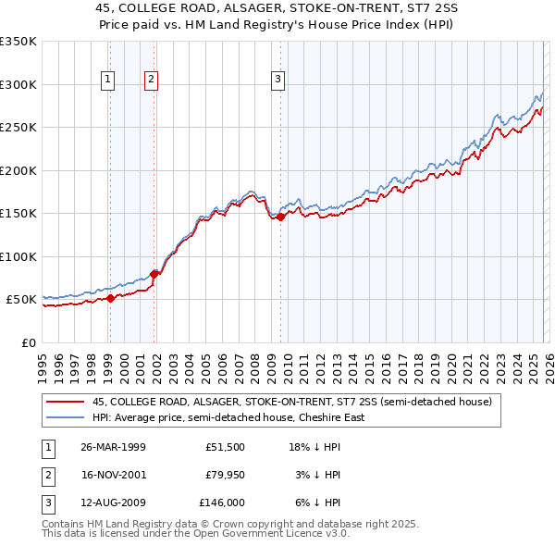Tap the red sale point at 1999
[x=110, y=298]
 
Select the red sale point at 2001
[x=154, y=274]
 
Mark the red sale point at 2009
[x=281, y=217]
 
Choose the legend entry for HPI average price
[x=228, y=417]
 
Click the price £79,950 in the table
[x=223, y=475]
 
